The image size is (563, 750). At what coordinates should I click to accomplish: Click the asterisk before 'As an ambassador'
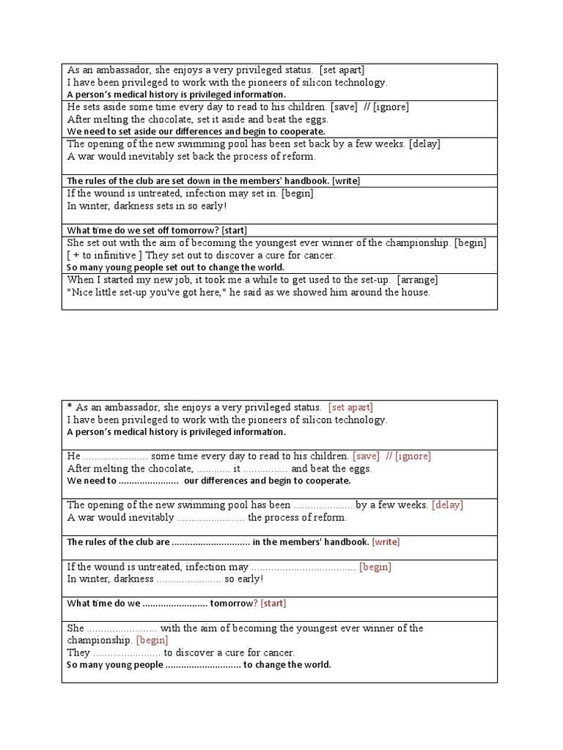pyautogui.click(x=70, y=406)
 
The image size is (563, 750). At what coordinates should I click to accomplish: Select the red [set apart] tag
pyautogui.click(x=350, y=407)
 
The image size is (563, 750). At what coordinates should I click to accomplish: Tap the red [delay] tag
pyautogui.click(x=447, y=505)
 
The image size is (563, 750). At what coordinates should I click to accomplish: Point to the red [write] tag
pyautogui.click(x=386, y=542)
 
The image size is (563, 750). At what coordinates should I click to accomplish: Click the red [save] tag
pyautogui.click(x=366, y=456)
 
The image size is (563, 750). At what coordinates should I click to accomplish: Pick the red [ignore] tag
pyautogui.click(x=413, y=456)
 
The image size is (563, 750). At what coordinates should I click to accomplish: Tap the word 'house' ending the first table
pyautogui.click(x=413, y=292)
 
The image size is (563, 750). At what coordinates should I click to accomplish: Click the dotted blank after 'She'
pyautogui.click(x=122, y=628)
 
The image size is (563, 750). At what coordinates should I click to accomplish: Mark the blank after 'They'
pyautogui.click(x=127, y=653)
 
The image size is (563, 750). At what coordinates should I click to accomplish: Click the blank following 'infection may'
pyautogui.click(x=303, y=567)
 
